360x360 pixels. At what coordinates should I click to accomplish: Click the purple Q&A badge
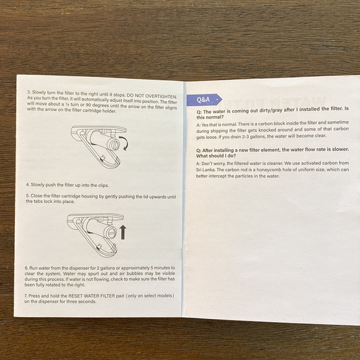coord(204,100)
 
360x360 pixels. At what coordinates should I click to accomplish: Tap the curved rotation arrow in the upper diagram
coord(125,142)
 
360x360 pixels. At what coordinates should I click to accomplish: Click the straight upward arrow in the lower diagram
coord(123,232)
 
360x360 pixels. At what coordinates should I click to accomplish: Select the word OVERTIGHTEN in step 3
coord(161,96)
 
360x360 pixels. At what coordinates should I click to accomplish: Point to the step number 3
coord(29,92)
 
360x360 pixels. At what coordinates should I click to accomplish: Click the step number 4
coord(28,184)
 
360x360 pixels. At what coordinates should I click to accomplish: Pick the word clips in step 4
coord(103,186)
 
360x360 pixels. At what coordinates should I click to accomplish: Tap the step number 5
coord(27,196)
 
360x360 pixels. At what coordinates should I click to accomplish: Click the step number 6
coord(27,268)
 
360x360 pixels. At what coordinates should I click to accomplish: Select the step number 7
coord(26,296)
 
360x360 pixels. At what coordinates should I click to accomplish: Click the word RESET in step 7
coord(76,296)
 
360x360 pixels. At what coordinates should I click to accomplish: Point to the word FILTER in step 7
coord(107,295)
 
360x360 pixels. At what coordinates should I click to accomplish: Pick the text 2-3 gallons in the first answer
coord(253,137)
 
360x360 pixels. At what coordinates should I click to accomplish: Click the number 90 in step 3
coord(89,105)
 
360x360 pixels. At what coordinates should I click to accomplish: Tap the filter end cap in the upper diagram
coord(115,145)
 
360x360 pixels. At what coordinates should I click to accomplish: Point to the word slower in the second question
coord(340,149)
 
